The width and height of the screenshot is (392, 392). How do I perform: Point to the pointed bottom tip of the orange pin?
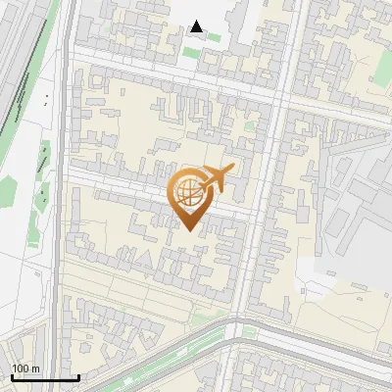pyautogui.click(x=187, y=230)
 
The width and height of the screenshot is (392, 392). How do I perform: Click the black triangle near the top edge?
pyautogui.click(x=198, y=26)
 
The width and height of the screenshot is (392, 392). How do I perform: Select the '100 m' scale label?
pyautogui.click(x=25, y=367)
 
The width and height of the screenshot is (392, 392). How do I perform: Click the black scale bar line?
pyautogui.click(x=45, y=377)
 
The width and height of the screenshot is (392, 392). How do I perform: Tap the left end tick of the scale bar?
pyautogui.click(x=12, y=375)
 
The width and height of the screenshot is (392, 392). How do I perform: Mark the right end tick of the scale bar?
pyautogui.click(x=78, y=375)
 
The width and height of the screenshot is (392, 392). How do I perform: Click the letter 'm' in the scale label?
pyautogui.click(x=34, y=367)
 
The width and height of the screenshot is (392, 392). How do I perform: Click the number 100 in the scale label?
pyautogui.click(x=21, y=367)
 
